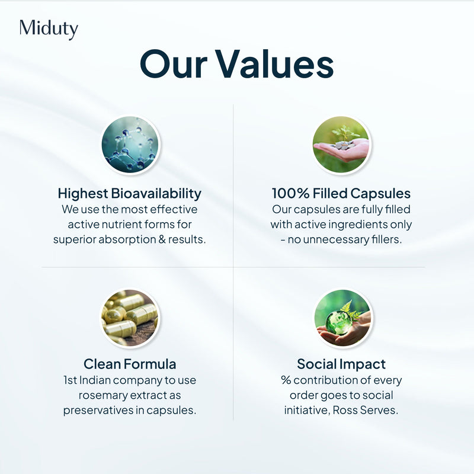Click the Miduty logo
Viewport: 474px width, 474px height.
tap(49, 29)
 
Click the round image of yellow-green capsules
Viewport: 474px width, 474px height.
tap(130, 318)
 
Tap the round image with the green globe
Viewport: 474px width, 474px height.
tap(341, 318)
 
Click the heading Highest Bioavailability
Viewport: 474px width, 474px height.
tap(130, 194)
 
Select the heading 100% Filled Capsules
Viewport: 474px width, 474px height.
tap(341, 194)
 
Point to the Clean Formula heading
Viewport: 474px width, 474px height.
tap(130, 364)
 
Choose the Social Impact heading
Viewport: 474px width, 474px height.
tap(341, 364)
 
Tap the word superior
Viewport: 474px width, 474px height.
tap(76, 240)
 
